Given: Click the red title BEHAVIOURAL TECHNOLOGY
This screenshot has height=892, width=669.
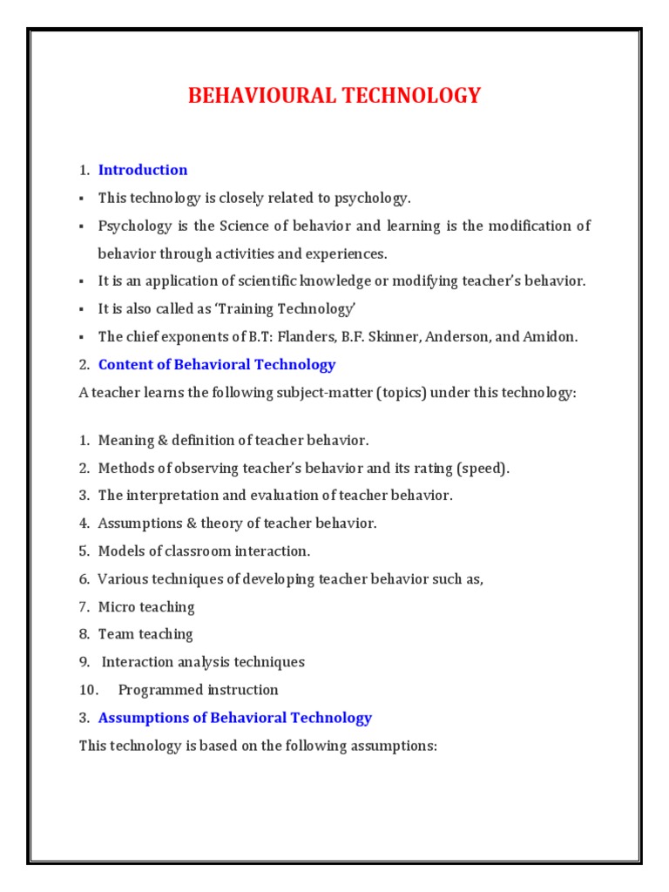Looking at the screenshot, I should [334, 96].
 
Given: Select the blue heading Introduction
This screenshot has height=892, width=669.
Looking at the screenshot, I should [143, 170].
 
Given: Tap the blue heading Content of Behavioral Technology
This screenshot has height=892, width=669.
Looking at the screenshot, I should [217, 365].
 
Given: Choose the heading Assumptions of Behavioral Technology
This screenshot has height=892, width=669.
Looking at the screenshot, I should [235, 718].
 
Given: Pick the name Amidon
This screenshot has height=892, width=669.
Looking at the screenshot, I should [550, 337].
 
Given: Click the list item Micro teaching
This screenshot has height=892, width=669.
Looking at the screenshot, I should [146, 606].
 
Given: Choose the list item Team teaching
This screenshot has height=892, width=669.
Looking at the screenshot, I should [145, 634].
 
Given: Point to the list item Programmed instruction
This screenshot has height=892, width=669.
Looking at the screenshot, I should [199, 690].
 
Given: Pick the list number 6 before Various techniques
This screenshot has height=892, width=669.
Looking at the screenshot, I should [84, 578].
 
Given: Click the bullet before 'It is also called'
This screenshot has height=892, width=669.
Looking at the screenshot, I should [81, 309].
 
